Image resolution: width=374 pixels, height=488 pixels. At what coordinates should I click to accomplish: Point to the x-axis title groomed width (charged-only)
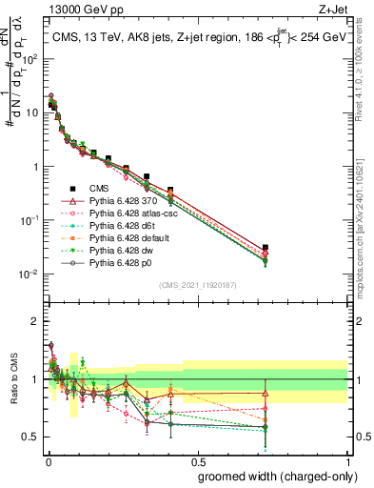click(273, 476)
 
